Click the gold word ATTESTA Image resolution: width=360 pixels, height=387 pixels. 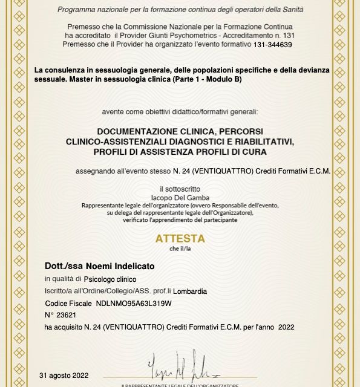click(180, 238)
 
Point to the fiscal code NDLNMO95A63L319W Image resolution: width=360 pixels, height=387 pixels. click(134, 303)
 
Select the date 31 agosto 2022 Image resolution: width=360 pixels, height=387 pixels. click(64, 375)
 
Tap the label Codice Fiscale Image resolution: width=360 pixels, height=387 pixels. click(68, 303)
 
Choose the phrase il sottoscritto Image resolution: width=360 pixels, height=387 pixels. click(180, 189)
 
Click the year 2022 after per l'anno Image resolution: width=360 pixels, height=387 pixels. click(286, 327)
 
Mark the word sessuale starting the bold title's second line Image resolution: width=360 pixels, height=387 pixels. click(48, 80)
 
